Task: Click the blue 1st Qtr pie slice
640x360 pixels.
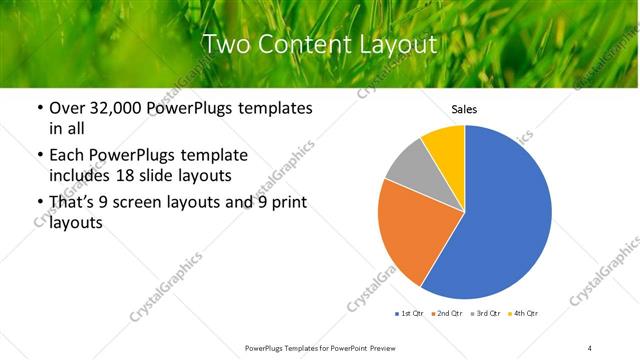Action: tap(500, 220)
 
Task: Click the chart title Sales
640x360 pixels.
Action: tap(464, 109)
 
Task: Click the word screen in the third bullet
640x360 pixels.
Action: tap(146, 203)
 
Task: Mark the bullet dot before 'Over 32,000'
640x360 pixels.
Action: tap(39, 108)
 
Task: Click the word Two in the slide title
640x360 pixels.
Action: tap(225, 44)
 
